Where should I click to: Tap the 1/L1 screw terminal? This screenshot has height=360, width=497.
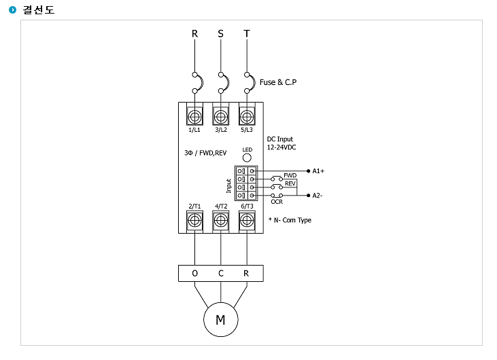(x=194, y=117)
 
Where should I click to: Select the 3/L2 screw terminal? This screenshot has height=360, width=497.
(x=221, y=117)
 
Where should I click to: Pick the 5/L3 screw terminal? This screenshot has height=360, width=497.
(x=247, y=117)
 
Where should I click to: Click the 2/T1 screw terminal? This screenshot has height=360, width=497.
(x=194, y=220)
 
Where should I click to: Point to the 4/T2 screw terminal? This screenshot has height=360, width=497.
(x=221, y=220)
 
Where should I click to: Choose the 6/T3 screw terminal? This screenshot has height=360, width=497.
(x=247, y=220)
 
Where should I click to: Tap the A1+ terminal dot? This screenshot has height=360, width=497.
(x=308, y=171)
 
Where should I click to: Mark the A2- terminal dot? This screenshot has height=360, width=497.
(x=308, y=196)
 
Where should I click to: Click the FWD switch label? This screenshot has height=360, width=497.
(x=290, y=175)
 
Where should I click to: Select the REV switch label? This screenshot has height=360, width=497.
(x=290, y=183)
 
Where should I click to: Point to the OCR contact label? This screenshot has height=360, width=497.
(x=277, y=202)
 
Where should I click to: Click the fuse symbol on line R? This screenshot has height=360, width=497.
(x=200, y=83)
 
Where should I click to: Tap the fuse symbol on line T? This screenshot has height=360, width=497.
(x=252, y=83)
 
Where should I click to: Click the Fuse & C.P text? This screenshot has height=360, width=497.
(x=278, y=82)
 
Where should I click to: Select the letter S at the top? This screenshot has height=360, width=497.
(x=220, y=33)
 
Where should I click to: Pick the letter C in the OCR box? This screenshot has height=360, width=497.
(x=220, y=273)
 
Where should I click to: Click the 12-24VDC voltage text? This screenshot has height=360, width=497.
(x=281, y=147)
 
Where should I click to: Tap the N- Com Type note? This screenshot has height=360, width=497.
(x=290, y=220)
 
